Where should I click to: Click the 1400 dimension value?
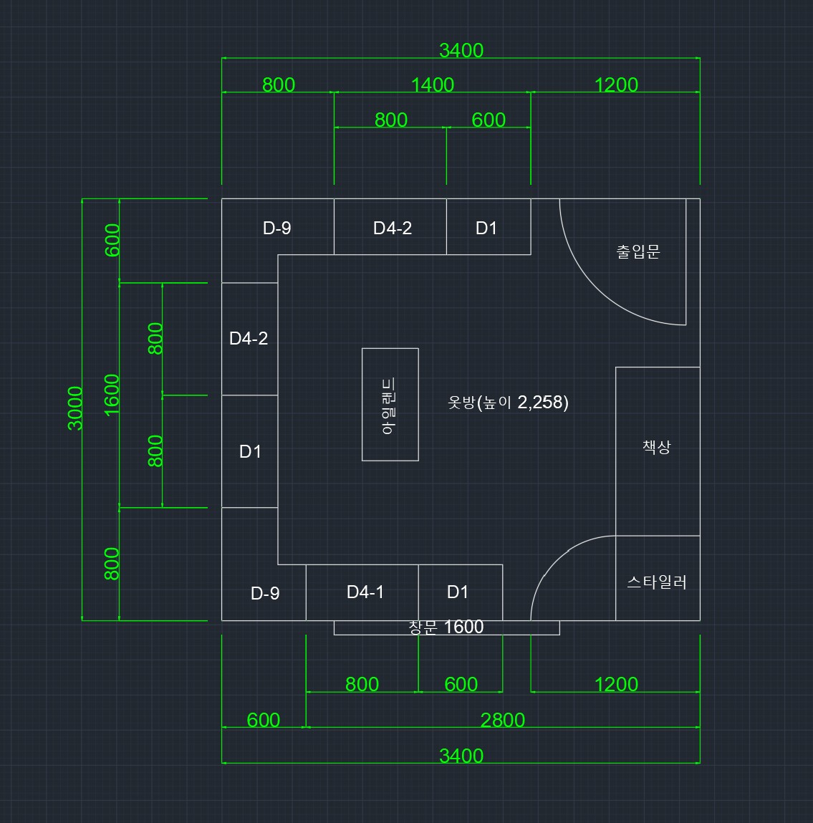click(x=433, y=85)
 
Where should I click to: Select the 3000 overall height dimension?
click(x=76, y=408)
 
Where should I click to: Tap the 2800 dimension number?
click(x=503, y=720)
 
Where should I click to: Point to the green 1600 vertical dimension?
click(x=112, y=395)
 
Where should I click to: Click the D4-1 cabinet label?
click(x=365, y=592)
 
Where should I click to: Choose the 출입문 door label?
click(x=638, y=251)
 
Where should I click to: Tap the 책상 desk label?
click(x=657, y=447)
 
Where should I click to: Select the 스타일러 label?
click(x=657, y=582)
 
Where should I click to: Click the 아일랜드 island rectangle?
click(x=390, y=405)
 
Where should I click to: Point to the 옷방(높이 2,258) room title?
click(x=508, y=403)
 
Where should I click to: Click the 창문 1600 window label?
click(x=446, y=627)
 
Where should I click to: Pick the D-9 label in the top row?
click(x=277, y=228)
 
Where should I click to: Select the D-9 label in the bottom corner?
click(x=265, y=593)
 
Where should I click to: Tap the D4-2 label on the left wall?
click(x=249, y=338)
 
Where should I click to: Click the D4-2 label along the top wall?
click(x=393, y=228)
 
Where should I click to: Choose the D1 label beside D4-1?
click(x=458, y=592)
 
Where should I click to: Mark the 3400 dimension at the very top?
click(x=461, y=50)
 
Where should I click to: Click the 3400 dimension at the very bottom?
click(x=461, y=756)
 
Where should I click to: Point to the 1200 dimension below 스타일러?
click(x=616, y=685)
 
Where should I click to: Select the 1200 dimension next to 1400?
click(x=616, y=85)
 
